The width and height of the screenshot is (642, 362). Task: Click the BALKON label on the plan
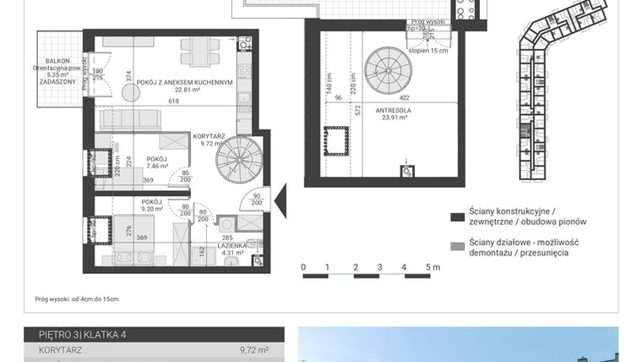coord(57,61)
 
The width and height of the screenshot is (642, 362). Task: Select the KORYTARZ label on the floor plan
coord(207,135)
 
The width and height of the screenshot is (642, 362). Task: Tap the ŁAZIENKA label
coord(232,243)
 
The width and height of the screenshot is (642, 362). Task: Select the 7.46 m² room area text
coord(155,167)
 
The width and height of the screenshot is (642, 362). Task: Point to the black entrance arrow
coord(280,202)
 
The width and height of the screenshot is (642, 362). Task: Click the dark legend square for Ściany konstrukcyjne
coord(457,217)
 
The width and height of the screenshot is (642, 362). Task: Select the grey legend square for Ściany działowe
coord(457,247)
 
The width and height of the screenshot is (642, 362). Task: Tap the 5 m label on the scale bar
coord(433,267)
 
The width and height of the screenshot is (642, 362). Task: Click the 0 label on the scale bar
coord(303,267)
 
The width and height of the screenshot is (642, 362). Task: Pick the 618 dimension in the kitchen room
coord(173,101)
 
